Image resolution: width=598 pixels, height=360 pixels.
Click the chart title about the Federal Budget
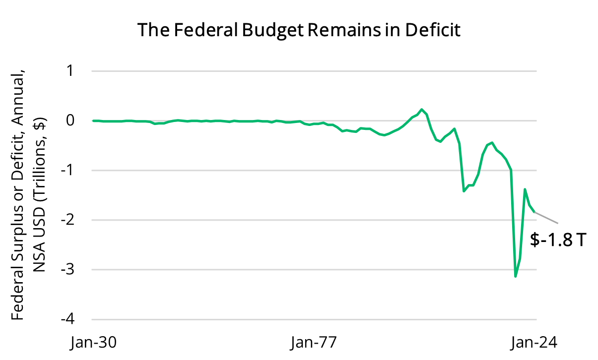299,30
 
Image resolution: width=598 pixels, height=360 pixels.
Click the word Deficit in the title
433,30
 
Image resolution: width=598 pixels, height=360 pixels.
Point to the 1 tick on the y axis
69,71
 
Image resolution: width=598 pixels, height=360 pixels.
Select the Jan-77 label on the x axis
314,343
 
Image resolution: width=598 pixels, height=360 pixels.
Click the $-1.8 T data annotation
558,240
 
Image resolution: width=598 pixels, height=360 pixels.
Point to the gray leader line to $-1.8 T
546,218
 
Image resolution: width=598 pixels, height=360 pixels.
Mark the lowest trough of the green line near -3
516,276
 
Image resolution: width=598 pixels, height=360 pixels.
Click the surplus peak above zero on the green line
421,109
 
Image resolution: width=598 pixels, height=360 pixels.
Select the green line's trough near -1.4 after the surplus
464,191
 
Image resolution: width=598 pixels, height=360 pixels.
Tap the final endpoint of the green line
534,212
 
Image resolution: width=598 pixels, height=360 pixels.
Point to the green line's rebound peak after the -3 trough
525,189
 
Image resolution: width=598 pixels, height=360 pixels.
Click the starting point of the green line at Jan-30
93,120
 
